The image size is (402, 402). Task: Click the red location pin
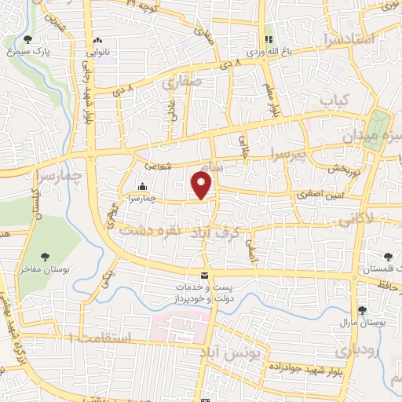[203, 185]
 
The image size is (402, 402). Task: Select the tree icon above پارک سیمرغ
[29, 38]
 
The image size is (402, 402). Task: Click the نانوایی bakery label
[98, 52]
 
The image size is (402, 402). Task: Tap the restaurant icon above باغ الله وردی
[269, 40]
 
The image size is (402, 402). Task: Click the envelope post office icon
[204, 276]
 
